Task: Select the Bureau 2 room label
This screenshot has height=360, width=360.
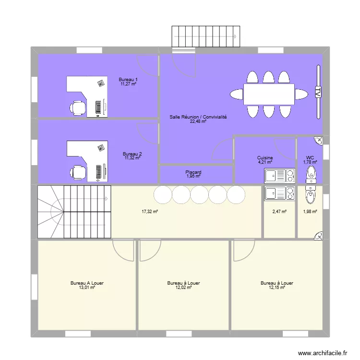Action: pyautogui.click(x=132, y=154)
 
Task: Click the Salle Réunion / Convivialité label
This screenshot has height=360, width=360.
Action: pyautogui.click(x=198, y=117)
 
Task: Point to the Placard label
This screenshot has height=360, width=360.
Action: pyautogui.click(x=193, y=172)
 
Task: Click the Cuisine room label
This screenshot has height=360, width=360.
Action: pyautogui.click(x=265, y=158)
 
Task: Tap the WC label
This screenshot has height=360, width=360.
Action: pyautogui.click(x=310, y=158)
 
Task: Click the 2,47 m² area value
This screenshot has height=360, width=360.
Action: pyautogui.click(x=280, y=211)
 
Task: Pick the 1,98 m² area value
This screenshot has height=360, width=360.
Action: pyautogui.click(x=310, y=211)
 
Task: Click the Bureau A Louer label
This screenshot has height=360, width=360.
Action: pyautogui.click(x=87, y=283)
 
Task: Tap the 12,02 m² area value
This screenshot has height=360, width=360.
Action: pyautogui.click(x=183, y=288)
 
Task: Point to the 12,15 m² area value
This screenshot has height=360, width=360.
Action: pyautogui.click(x=277, y=288)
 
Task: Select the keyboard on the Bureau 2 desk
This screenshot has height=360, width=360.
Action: pyautogui.click(x=99, y=170)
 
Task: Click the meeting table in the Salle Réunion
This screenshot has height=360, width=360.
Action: pyautogui.click(x=268, y=94)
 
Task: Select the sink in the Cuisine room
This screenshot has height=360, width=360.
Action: pyautogui.click(x=272, y=177)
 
